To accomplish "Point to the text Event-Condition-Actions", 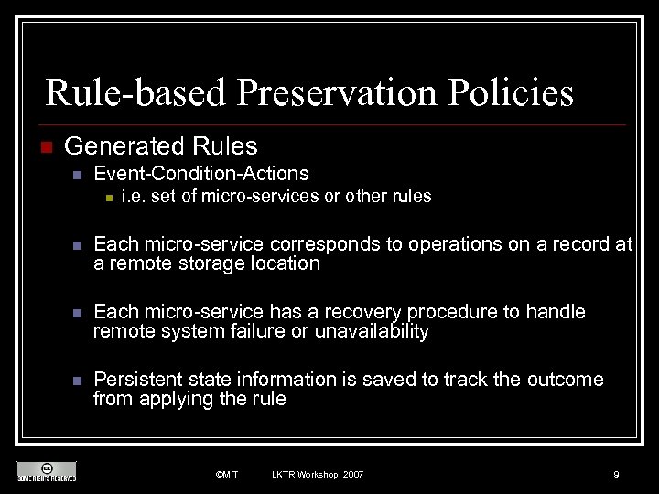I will pyautogui.click(x=201, y=174).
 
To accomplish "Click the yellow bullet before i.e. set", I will pyautogui.click(x=107, y=198).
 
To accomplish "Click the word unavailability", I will pyautogui.click(x=372, y=331).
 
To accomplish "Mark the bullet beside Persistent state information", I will pyautogui.click(x=78, y=381).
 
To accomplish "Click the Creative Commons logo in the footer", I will pyautogui.click(x=47, y=471).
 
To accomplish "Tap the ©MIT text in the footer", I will pyautogui.click(x=227, y=475).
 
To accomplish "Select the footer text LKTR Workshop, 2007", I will pyautogui.click(x=318, y=475).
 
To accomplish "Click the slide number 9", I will pyautogui.click(x=616, y=475).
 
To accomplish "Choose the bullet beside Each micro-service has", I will pyautogui.click(x=78, y=313).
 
